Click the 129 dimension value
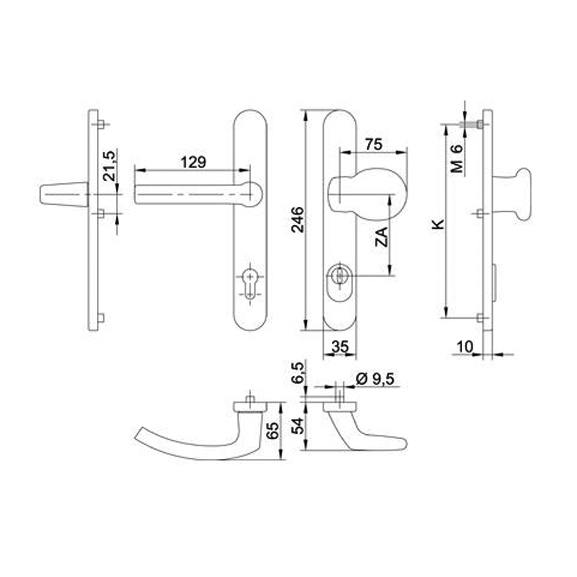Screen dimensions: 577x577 coord(193,162)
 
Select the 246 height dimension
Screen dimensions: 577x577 coord(298,220)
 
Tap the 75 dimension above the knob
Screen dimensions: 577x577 coord(374,144)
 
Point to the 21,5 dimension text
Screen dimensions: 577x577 coord(109,165)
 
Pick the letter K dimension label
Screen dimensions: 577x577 coord(438,224)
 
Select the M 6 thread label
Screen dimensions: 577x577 coord(456,159)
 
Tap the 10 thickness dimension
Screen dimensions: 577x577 coord(465,346)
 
